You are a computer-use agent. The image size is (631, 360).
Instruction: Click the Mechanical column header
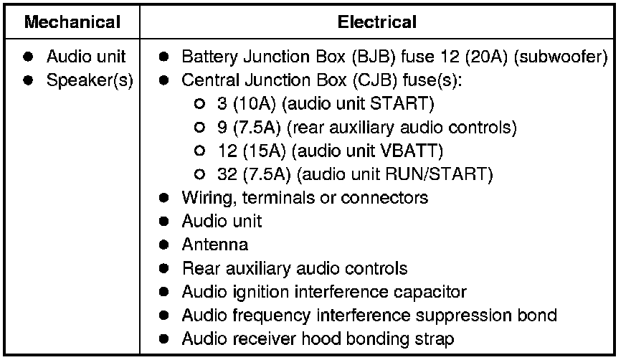tap(72, 22)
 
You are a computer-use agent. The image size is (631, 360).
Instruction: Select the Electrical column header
tap(376, 22)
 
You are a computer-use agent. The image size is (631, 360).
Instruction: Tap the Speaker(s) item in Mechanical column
tap(90, 80)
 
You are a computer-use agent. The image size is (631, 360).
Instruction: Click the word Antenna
tap(215, 245)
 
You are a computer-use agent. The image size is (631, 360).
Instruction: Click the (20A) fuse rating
tap(470, 56)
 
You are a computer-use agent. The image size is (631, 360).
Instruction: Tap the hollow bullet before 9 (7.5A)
tap(199, 128)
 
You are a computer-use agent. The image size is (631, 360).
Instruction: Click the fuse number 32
tap(226, 174)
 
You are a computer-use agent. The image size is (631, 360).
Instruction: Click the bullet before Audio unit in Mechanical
tap(29, 56)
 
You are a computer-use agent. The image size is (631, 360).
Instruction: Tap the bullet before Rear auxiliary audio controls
tap(164, 268)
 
